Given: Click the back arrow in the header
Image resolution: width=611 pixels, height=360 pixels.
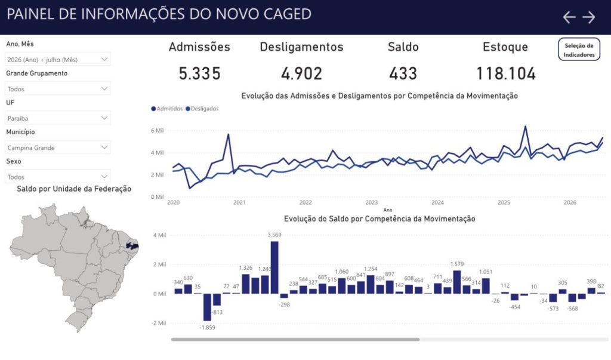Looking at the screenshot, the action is pyautogui.click(x=569, y=17).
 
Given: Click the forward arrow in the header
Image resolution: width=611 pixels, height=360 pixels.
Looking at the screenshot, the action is pyautogui.click(x=589, y=17).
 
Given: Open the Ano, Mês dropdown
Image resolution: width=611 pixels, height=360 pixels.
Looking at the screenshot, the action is pyautogui.click(x=57, y=59).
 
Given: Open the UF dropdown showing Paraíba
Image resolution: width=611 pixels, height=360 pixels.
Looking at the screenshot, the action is pyautogui.click(x=57, y=118).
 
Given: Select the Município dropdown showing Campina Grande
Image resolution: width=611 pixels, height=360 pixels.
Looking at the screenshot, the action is pyautogui.click(x=57, y=147).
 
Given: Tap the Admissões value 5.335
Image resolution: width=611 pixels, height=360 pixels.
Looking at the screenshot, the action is pyautogui.click(x=199, y=73).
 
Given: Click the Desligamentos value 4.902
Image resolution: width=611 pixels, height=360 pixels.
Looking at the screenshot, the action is pyautogui.click(x=301, y=73).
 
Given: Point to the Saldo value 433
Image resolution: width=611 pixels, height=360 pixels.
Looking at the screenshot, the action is pyautogui.click(x=403, y=73).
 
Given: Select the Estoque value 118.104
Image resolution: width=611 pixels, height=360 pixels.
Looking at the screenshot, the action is pyautogui.click(x=506, y=73).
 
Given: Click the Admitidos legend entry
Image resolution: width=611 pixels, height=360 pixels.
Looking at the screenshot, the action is pyautogui.click(x=167, y=109).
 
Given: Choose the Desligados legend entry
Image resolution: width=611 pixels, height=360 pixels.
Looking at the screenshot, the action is pyautogui.click(x=202, y=109).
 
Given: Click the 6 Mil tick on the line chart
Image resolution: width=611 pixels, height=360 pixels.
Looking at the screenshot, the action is pyautogui.click(x=158, y=131).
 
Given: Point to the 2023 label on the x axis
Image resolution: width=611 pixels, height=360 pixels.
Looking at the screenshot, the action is pyautogui.click(x=371, y=202).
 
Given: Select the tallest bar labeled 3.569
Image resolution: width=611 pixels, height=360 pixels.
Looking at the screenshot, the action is pyautogui.click(x=274, y=267).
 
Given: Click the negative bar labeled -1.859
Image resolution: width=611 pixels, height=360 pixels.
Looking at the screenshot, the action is pyautogui.click(x=207, y=307).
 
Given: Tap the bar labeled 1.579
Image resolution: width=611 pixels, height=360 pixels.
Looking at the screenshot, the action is pyautogui.click(x=457, y=282).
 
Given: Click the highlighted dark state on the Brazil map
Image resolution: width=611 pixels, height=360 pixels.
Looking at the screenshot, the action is pyautogui.click(x=132, y=246).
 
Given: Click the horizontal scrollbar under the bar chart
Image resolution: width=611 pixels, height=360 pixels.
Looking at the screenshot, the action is pyautogui.click(x=295, y=339).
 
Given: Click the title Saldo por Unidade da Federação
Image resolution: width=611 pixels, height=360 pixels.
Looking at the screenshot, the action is pyautogui.click(x=74, y=189).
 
